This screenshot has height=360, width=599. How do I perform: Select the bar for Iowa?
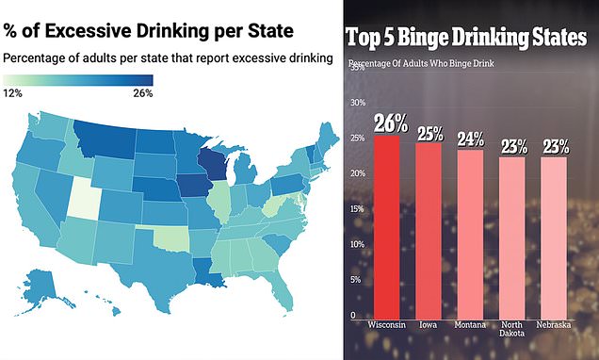click(x=430, y=231)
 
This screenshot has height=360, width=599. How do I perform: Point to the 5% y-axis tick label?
click(x=354, y=281)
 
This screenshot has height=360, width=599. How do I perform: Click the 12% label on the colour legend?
click(x=12, y=93)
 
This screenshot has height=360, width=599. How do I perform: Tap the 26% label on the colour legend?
click(x=140, y=93)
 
